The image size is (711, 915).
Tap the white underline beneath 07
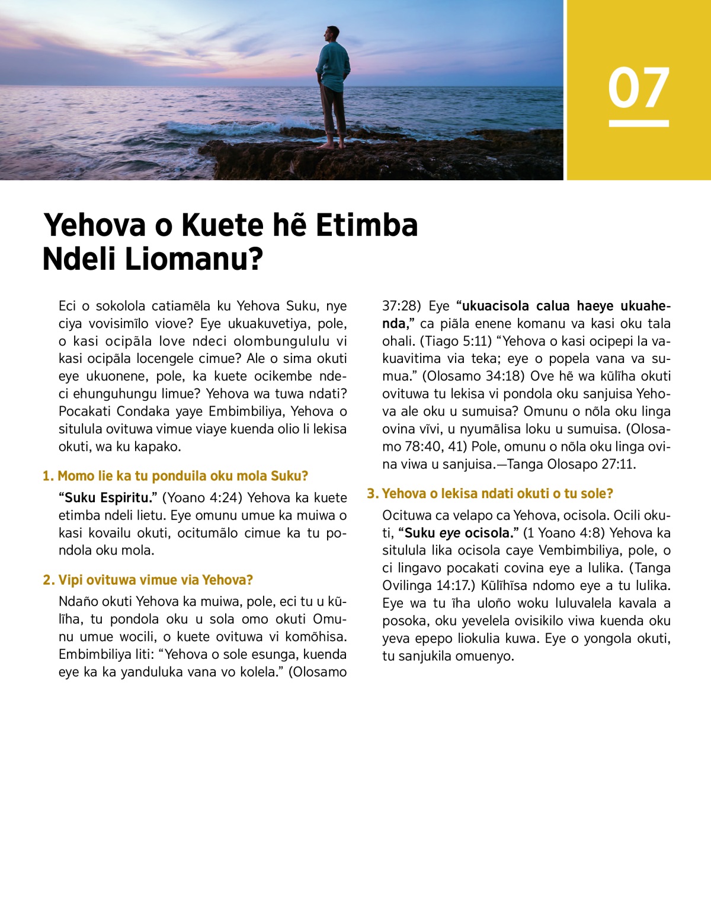(638, 123)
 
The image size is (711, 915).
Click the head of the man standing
(333, 33)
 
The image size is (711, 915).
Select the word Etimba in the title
(367, 225)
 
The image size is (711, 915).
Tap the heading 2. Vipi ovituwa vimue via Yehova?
(148, 580)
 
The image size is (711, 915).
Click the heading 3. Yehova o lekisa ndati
(490, 493)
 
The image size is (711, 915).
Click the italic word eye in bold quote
(450, 533)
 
